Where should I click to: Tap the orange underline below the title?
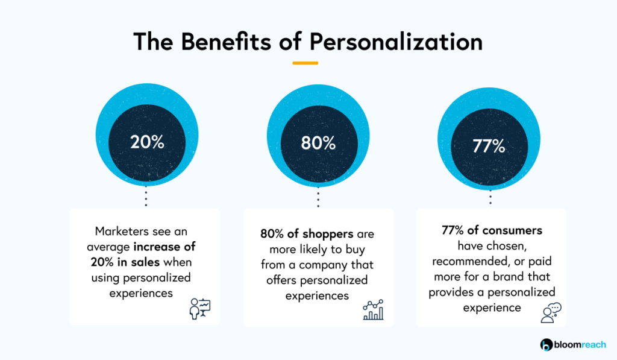point(305,63)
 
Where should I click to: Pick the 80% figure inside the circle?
point(318,143)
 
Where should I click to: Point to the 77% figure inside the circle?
point(489,146)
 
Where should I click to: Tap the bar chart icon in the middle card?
point(373,310)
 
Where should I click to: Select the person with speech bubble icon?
point(551,313)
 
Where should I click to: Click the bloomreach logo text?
point(581,345)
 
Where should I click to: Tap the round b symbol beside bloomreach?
point(547,345)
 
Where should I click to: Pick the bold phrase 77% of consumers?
point(490,230)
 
